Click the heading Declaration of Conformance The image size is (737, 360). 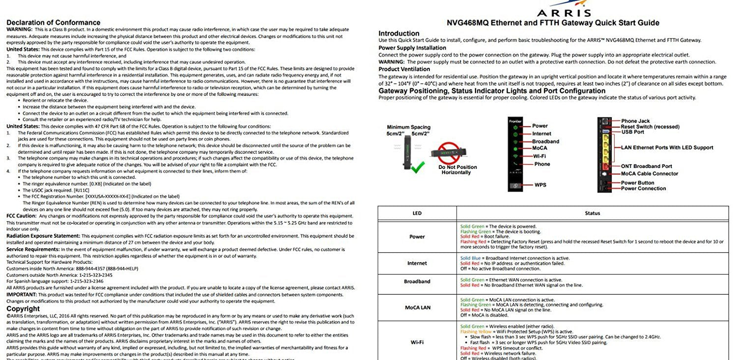point(53,23)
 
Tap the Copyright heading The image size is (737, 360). point(23,309)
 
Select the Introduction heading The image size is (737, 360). point(398,33)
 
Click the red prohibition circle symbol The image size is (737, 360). point(452,151)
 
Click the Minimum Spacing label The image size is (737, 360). point(408,127)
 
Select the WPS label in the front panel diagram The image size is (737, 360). point(540,185)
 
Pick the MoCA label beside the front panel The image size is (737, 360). point(539,148)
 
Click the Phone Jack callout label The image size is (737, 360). point(635,121)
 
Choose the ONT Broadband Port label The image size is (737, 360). point(646,166)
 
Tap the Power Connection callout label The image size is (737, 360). point(643,189)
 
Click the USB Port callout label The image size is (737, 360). point(632,132)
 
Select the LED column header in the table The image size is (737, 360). point(417,213)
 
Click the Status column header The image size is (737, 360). point(592,213)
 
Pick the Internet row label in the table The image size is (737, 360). point(417,263)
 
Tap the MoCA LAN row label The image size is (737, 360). point(417,307)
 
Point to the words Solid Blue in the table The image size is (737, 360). point(470,258)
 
